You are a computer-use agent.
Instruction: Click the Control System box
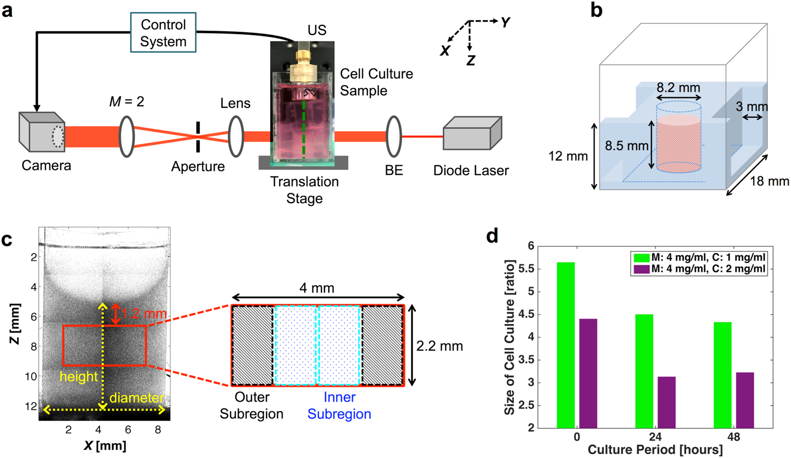tap(163, 33)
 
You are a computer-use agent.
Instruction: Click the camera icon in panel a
tap(41, 131)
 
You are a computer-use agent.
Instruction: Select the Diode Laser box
tap(472, 134)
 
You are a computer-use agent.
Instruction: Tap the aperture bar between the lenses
tap(198, 137)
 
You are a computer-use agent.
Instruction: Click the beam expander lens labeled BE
tap(394, 137)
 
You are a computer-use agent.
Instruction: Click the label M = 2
tap(127, 102)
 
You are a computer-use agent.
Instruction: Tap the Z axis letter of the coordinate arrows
tap(471, 60)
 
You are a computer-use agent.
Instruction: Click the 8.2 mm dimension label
tap(678, 88)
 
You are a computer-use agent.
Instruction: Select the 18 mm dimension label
tap(769, 181)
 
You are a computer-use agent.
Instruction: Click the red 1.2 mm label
tap(144, 314)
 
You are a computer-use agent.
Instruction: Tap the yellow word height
tap(79, 377)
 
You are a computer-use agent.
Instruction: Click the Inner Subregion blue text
tap(339, 405)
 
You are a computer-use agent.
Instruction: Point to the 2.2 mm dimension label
tap(439, 346)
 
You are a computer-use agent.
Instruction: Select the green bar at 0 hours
tap(566, 345)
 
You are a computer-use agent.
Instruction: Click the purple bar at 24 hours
tap(666, 402)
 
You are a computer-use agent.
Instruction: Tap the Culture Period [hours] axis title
tap(655, 449)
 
